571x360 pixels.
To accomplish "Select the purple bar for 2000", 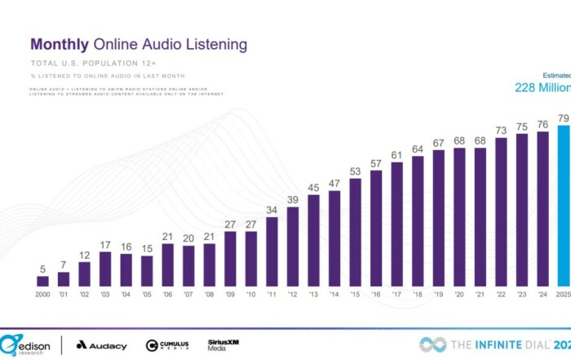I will click(43, 281).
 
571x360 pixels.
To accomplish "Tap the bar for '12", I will click(293, 246).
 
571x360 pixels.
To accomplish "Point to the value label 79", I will click(563, 118).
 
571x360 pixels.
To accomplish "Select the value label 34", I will click(272, 210).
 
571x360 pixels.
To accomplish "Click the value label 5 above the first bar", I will click(43, 269).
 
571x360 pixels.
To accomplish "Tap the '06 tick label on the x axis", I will click(168, 294).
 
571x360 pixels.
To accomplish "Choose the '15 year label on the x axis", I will click(355, 294).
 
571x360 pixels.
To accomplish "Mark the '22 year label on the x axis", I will click(500, 294).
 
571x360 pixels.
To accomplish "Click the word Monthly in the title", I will click(60, 44).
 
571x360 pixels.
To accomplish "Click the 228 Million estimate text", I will click(542, 87).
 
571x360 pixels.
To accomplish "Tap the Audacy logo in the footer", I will click(102, 345).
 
